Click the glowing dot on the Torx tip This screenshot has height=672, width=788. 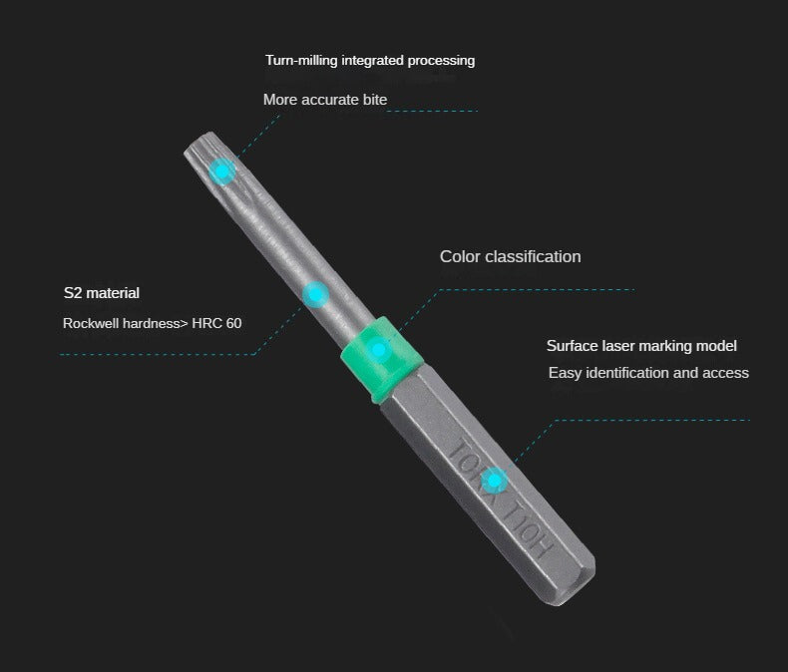point(223,171)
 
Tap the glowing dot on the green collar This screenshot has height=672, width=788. point(378,350)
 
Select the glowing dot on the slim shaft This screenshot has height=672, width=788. point(315,294)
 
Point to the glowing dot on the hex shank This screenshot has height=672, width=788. point(493,482)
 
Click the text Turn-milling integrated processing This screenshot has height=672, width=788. point(369,61)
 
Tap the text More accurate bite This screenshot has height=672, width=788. point(324,100)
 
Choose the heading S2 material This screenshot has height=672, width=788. point(101,293)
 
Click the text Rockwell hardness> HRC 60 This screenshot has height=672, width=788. point(152,323)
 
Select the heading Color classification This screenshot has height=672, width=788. point(510,257)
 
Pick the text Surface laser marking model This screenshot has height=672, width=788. point(641,346)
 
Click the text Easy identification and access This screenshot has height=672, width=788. point(648,373)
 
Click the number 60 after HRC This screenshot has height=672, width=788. point(233,323)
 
